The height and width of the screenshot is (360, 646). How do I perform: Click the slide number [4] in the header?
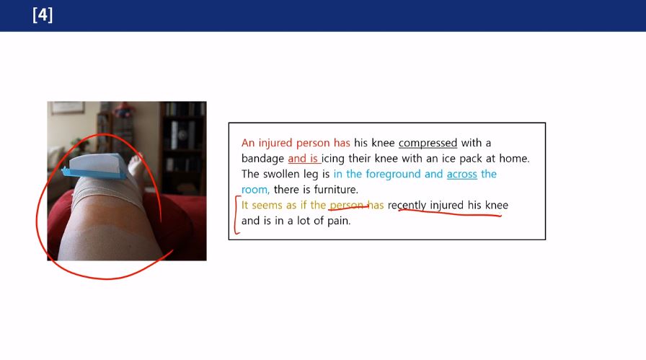pos(43,15)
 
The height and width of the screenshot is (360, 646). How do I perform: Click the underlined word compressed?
pos(428,143)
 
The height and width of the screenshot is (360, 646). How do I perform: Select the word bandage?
pos(262,159)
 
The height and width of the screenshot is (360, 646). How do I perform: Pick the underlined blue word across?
pos(462,175)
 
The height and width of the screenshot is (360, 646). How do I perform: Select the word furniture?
pos(336,190)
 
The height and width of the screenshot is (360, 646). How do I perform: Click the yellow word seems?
pos(265,206)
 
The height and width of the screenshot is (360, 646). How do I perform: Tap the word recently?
pos(407,206)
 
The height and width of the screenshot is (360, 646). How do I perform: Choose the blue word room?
pos(255,190)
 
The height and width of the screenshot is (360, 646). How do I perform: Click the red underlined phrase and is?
pos(303,159)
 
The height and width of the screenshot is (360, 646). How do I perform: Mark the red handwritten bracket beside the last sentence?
pos(237,215)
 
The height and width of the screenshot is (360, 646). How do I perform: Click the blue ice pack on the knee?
pos(95,166)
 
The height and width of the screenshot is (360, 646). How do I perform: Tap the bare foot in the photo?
pos(136,165)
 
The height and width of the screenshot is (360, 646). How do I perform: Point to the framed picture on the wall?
pos(68,107)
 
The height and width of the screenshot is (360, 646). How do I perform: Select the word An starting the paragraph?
pos(248,143)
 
